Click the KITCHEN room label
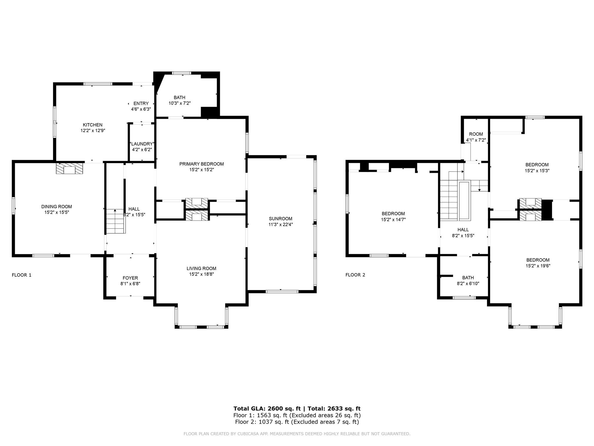(93, 125)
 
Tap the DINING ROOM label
(57, 207)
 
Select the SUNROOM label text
(280, 219)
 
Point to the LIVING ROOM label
(201, 269)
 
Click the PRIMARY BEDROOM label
(202, 164)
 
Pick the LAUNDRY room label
(142, 144)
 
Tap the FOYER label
(130, 278)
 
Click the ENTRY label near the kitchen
(141, 103)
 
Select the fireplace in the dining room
(69, 168)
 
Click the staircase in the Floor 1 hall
(116, 221)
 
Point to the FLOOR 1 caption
(21, 275)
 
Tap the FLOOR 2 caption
(355, 275)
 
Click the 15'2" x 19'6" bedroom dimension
(538, 266)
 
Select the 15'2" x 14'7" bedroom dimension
(393, 220)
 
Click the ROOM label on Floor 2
(476, 134)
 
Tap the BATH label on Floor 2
(468, 278)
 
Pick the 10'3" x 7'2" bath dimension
(180, 103)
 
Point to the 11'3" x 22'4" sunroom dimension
(280, 224)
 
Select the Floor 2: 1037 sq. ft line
(297, 422)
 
